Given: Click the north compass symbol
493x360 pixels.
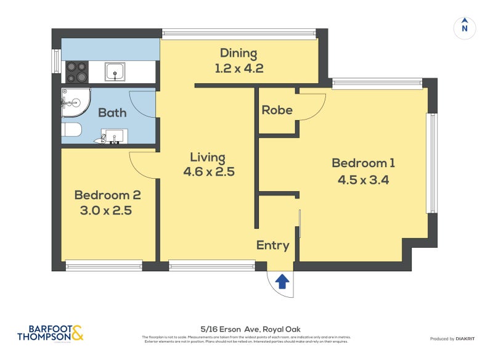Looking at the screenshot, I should (x=465, y=27).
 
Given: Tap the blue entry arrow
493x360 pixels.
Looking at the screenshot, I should (x=282, y=282).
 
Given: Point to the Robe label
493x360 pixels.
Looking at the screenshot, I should (x=277, y=110).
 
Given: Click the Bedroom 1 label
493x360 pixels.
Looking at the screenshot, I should (x=363, y=163).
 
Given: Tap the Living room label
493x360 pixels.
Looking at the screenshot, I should (x=207, y=157).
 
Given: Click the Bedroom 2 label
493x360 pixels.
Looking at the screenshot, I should (x=107, y=195).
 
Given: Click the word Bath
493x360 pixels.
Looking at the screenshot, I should (x=112, y=112).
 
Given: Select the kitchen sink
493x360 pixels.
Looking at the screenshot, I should (x=115, y=72).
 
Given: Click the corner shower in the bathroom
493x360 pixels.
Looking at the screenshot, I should (x=74, y=102).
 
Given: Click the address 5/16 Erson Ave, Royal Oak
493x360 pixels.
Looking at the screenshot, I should (x=246, y=329).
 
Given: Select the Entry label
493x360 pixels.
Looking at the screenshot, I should (x=272, y=245).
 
